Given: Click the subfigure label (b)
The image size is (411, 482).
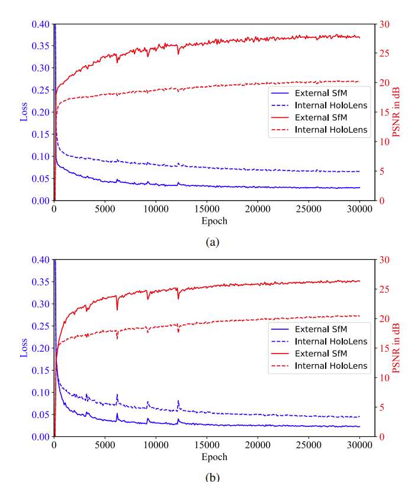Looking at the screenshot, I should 211,477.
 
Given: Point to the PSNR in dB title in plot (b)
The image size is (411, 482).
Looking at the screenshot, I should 396,348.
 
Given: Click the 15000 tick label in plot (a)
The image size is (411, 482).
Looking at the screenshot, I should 207,209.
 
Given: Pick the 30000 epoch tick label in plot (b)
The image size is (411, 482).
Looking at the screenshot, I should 359,445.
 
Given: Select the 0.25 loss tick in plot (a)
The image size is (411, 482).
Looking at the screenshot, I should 42,90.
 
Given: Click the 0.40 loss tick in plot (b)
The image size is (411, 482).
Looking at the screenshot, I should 42,259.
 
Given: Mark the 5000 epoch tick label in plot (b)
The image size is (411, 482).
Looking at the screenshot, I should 105,445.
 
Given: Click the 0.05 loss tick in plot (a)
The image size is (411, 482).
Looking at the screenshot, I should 42,179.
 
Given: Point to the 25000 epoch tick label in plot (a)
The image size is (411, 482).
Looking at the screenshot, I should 309,209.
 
